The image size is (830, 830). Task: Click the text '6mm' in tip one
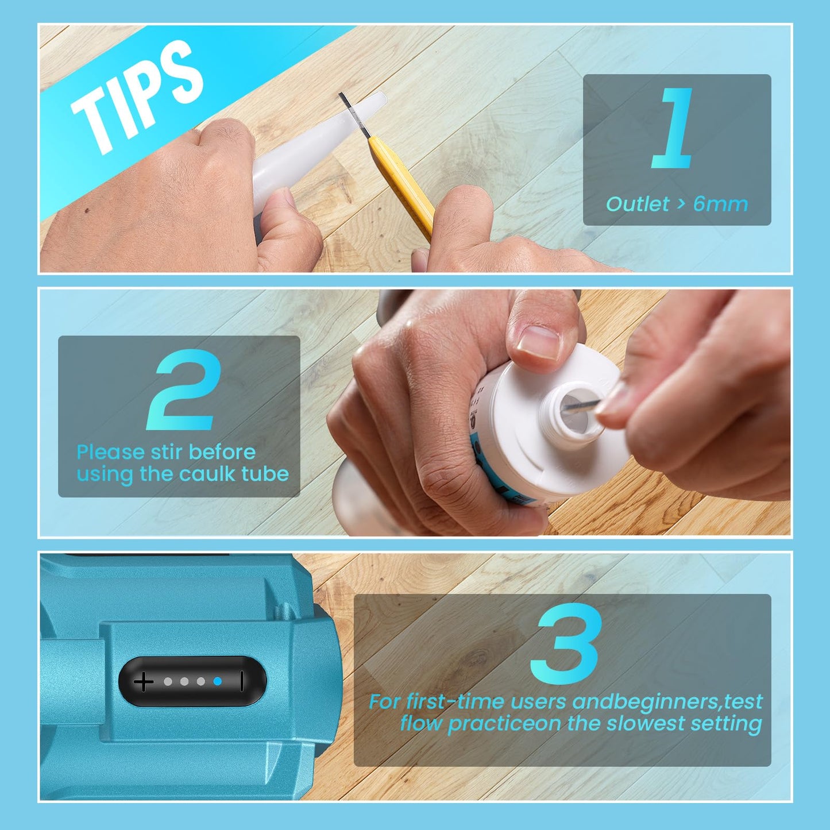click(720, 204)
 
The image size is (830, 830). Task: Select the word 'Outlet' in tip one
click(638, 204)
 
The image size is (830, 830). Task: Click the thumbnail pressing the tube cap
click(539, 343)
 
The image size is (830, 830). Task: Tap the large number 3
click(566, 643)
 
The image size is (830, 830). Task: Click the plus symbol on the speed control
click(144, 682)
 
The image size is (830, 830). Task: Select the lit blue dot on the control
click(218, 681)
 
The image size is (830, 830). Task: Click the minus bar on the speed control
click(242, 681)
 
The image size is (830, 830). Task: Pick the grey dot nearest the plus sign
click(168, 681)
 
